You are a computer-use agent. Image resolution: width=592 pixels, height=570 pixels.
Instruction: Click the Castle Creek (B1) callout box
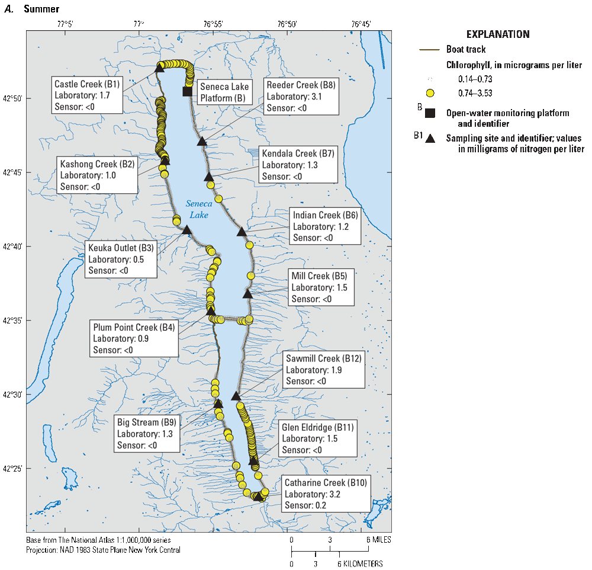click(x=86, y=95)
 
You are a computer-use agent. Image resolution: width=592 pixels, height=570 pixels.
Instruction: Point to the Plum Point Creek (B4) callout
click(x=134, y=338)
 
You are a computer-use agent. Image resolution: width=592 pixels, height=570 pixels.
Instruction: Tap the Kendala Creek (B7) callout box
click(x=298, y=165)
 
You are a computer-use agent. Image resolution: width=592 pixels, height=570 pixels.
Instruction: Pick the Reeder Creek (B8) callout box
click(x=301, y=96)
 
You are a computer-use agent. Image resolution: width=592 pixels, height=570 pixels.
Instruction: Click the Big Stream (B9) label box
click(x=146, y=434)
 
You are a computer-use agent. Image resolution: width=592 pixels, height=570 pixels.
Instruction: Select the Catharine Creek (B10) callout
click(x=325, y=494)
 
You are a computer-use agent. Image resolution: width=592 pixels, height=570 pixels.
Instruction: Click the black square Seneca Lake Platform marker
click(x=188, y=91)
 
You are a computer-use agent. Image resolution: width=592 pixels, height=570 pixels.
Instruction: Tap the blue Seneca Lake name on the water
click(x=195, y=209)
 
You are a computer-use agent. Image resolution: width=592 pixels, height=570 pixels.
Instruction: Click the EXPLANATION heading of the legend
click(x=498, y=34)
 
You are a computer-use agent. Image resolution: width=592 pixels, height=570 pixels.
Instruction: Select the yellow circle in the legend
click(x=430, y=93)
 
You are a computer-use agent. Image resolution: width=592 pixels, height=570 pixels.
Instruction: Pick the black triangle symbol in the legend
click(x=431, y=139)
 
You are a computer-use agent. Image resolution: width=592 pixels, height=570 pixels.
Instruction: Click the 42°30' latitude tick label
click(x=12, y=395)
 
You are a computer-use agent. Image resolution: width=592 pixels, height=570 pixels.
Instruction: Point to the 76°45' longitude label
click(x=360, y=24)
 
